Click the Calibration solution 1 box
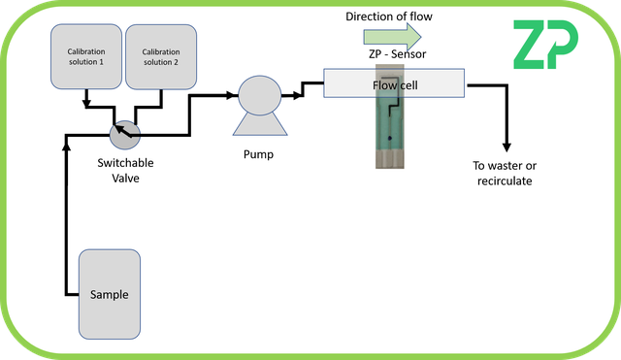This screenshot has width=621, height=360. [x=86, y=57]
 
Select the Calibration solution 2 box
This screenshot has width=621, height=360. [x=160, y=57]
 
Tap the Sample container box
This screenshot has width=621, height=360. [x=109, y=294]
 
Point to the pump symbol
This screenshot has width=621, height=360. [x=259, y=97]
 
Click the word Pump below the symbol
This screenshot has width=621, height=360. [x=259, y=153]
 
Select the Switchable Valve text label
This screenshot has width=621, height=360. [x=126, y=170]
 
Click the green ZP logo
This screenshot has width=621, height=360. [x=545, y=46]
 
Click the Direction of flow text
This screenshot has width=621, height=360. [x=396, y=16]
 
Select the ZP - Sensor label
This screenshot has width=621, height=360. [x=395, y=53]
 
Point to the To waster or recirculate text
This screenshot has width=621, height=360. [x=503, y=173]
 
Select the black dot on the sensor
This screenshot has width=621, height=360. [x=388, y=139]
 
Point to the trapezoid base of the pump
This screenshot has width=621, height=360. [x=259, y=125]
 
